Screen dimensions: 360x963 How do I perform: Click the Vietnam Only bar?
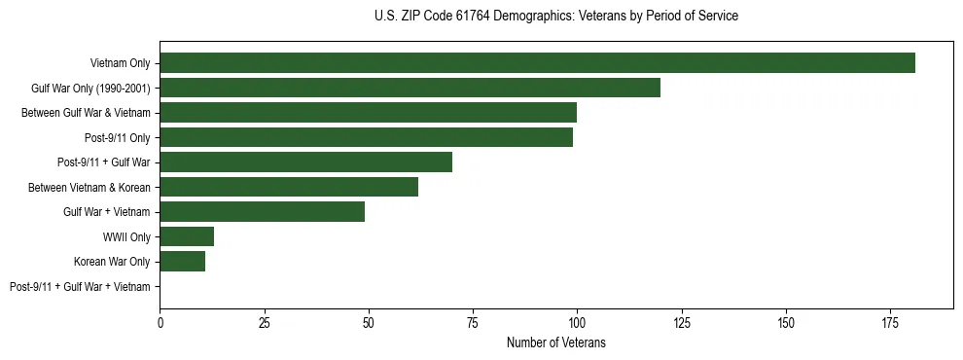(537, 63)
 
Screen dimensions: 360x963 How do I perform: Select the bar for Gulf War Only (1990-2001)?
(410, 88)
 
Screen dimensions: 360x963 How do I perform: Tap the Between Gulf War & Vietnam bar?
(368, 113)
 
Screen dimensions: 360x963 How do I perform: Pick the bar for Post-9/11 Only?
(366, 137)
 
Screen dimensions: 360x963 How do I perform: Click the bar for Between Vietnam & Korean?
(289, 187)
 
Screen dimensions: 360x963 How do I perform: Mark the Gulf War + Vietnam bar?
(262, 212)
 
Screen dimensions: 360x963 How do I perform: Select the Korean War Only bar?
(182, 262)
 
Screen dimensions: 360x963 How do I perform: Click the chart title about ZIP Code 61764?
(555, 17)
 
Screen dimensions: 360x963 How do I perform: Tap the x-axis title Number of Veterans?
(555, 342)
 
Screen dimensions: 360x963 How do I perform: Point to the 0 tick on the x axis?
(160, 322)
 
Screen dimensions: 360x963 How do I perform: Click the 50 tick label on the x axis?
(369, 322)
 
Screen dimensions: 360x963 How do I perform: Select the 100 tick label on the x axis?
(577, 322)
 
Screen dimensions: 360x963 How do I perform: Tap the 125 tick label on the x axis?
(681, 322)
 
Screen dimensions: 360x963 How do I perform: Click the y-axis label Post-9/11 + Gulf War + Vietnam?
(80, 287)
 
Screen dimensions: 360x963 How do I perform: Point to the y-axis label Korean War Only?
(112, 262)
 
